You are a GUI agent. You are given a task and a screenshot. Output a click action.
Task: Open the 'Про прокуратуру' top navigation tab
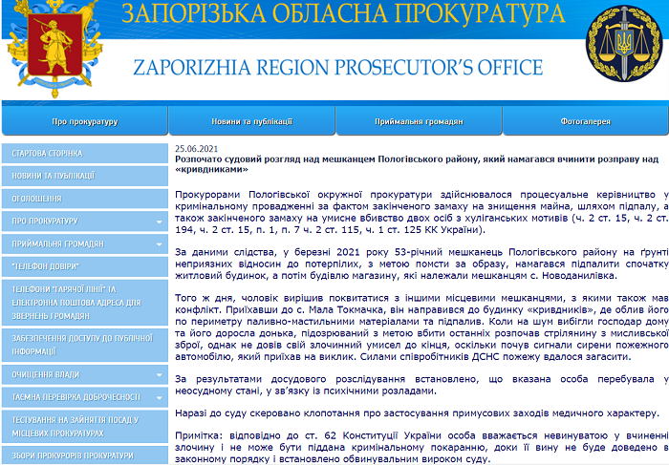[84, 122]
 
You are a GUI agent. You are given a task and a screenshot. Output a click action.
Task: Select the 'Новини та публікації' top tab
[251, 122]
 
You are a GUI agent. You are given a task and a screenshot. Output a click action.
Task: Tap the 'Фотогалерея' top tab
[586, 122]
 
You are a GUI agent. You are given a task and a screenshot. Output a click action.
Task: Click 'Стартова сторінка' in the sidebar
[48, 153]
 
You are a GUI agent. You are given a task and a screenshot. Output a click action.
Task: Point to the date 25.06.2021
[197, 148]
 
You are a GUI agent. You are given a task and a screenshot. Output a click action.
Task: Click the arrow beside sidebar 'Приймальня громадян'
[159, 243]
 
